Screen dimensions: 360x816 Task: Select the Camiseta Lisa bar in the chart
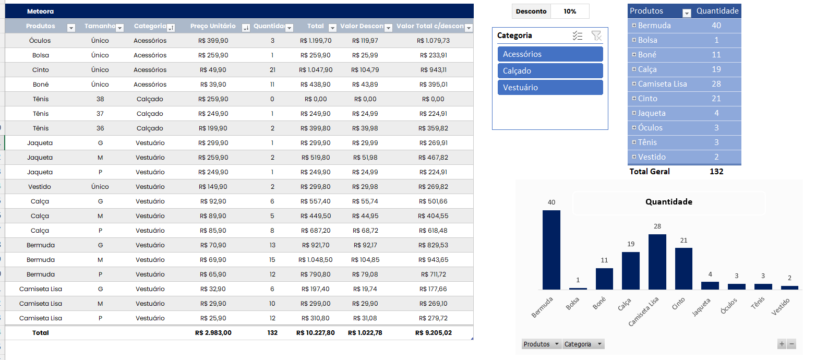click(657, 261)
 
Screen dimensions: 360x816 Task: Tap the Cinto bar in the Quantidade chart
click(683, 268)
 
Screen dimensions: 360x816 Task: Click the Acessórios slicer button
click(550, 54)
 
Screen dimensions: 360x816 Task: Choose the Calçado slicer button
click(550, 71)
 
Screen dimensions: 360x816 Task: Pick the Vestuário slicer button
click(550, 88)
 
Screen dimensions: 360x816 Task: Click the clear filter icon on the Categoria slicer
click(596, 35)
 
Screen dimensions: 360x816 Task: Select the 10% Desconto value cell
click(570, 11)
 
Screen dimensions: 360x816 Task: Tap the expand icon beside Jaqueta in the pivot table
click(633, 113)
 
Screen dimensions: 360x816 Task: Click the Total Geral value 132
click(716, 172)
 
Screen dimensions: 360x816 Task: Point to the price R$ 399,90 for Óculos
click(213, 41)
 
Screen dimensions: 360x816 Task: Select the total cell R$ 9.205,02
click(433, 333)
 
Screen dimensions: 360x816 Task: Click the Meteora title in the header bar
click(40, 11)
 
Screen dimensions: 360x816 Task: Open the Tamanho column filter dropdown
click(119, 28)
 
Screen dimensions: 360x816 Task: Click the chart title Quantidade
click(668, 202)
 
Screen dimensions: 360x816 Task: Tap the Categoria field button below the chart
click(583, 344)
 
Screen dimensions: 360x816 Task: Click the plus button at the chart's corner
click(782, 344)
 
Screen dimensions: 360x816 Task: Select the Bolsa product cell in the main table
click(41, 55)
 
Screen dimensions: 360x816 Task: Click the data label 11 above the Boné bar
click(604, 260)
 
